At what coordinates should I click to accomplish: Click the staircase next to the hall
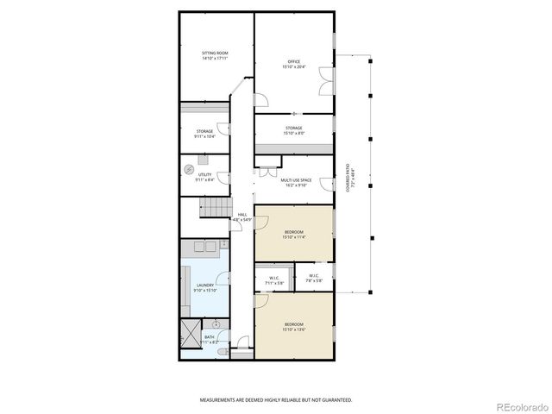coord(212,207)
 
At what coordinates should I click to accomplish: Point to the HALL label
coord(242,217)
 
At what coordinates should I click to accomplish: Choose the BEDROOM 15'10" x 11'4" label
coord(293,234)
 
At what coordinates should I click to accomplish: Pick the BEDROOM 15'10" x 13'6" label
coord(293,326)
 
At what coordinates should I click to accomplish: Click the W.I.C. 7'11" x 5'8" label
coord(273,279)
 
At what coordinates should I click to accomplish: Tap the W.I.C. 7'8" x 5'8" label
coord(314,278)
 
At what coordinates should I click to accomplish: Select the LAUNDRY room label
coord(205,288)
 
